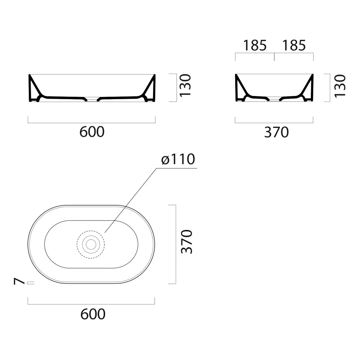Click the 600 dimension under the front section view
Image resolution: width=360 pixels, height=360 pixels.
pyautogui.click(x=92, y=132)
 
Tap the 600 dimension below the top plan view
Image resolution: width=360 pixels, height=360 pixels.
pyautogui.click(x=93, y=314)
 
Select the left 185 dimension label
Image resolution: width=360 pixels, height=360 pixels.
pyautogui.click(x=255, y=45)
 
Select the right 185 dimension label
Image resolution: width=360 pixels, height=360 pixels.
pyautogui.click(x=294, y=45)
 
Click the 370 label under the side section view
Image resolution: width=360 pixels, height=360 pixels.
pyautogui.click(x=276, y=132)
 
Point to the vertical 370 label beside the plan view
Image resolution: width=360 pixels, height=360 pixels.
pyautogui.click(x=187, y=242)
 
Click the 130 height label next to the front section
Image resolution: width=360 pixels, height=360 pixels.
pyautogui.click(x=185, y=85)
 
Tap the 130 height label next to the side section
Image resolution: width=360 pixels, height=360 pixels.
pyautogui.click(x=340, y=86)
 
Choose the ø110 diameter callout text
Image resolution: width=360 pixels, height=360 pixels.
pyautogui.click(x=178, y=159)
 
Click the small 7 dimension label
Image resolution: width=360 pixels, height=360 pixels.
pyautogui.click(x=19, y=281)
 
